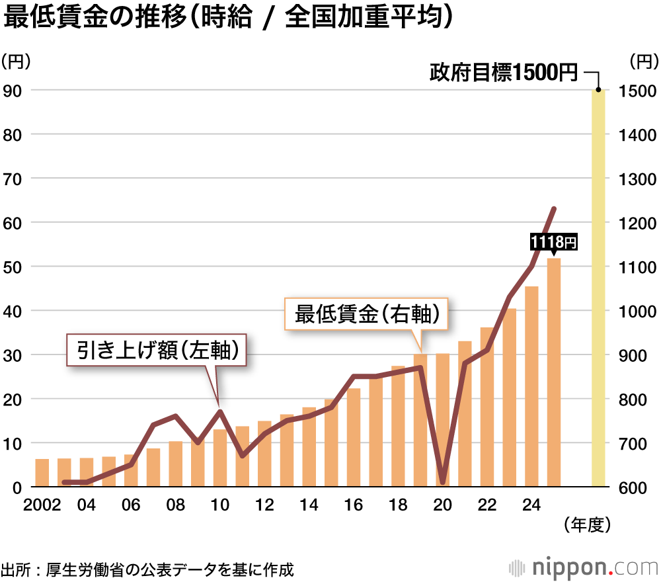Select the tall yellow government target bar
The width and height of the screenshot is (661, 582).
pyautogui.click(x=598, y=291)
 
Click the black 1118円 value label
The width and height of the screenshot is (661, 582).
pyautogui.click(x=554, y=243)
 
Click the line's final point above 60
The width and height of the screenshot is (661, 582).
pyautogui.click(x=554, y=209)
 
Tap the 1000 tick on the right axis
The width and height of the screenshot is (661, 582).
pyautogui.click(x=637, y=311)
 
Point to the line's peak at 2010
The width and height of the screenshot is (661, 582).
pyautogui.click(x=219, y=411)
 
